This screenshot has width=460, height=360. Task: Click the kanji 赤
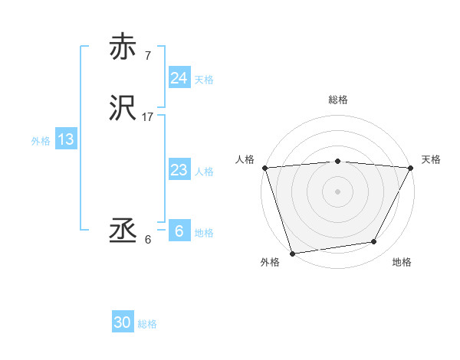click(x=123, y=47)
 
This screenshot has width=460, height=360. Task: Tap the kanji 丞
click(x=123, y=231)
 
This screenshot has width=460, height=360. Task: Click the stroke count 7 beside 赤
click(x=147, y=56)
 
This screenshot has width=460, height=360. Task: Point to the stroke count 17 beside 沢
click(x=148, y=118)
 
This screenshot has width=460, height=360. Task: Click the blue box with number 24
click(x=179, y=78)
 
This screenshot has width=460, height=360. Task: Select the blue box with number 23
click(x=179, y=170)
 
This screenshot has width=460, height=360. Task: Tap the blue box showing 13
click(x=65, y=139)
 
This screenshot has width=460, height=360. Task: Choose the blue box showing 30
click(x=123, y=323)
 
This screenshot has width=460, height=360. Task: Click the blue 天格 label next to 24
click(x=204, y=80)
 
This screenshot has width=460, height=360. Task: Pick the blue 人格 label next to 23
click(x=204, y=172)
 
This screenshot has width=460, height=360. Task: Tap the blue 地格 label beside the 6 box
click(x=204, y=233)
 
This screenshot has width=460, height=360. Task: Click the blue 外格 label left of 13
click(x=41, y=141)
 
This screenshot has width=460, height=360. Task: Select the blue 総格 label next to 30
click(x=147, y=325)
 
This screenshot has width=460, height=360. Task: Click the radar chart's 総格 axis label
click(x=338, y=100)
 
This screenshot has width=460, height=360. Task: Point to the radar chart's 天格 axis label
click(x=431, y=159)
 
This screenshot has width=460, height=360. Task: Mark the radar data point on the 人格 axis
click(x=264, y=168)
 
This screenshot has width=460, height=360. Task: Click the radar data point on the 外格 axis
click(x=292, y=253)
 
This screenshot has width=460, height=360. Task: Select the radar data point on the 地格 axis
click(x=374, y=242)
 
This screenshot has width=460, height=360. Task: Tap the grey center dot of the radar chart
click(x=338, y=191)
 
